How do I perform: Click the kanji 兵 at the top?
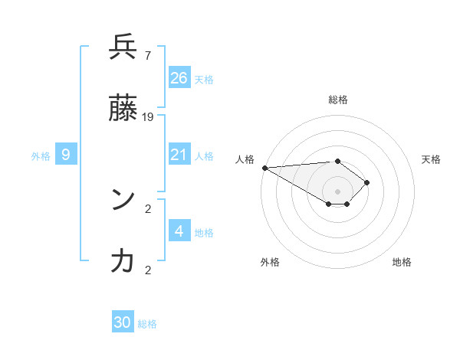(x=123, y=47)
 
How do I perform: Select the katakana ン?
(x=123, y=200)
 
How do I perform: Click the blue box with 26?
(x=179, y=77)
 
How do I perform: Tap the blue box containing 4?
(x=179, y=231)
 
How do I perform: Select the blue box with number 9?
(x=67, y=155)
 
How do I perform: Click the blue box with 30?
(x=123, y=322)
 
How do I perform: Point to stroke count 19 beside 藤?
(x=148, y=116)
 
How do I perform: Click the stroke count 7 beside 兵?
(x=147, y=55)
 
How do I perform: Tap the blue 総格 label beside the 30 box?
(x=147, y=324)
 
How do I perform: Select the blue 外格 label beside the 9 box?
(x=41, y=155)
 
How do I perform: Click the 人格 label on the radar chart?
(x=245, y=159)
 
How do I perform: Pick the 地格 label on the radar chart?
(x=402, y=262)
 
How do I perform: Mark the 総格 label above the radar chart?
(x=338, y=100)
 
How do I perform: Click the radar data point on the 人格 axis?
(x=264, y=168)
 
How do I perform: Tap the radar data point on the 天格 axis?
(x=368, y=182)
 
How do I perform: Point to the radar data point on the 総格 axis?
(x=337, y=161)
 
